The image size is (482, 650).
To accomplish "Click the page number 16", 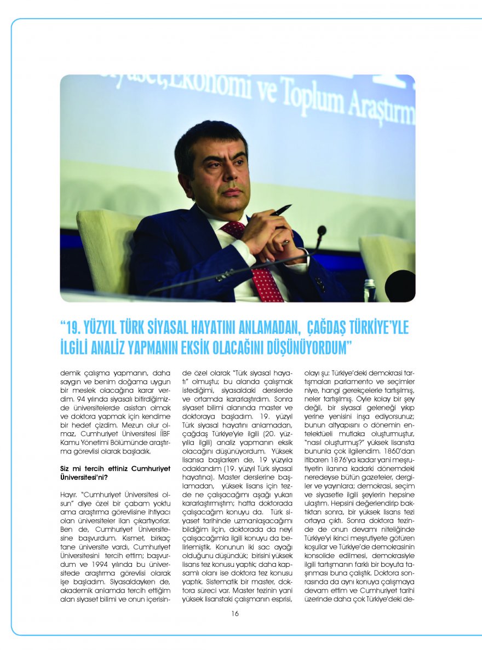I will [235, 613].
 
